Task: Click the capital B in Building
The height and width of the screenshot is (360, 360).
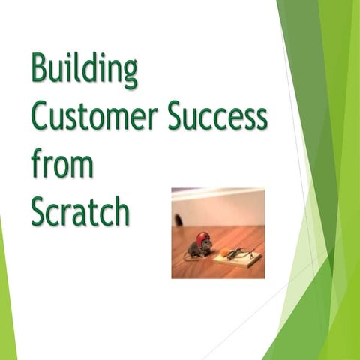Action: [40, 70]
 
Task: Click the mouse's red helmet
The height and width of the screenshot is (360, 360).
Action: [202, 238]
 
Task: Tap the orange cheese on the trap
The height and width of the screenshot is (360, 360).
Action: [223, 255]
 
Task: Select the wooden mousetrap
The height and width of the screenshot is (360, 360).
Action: [238, 258]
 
